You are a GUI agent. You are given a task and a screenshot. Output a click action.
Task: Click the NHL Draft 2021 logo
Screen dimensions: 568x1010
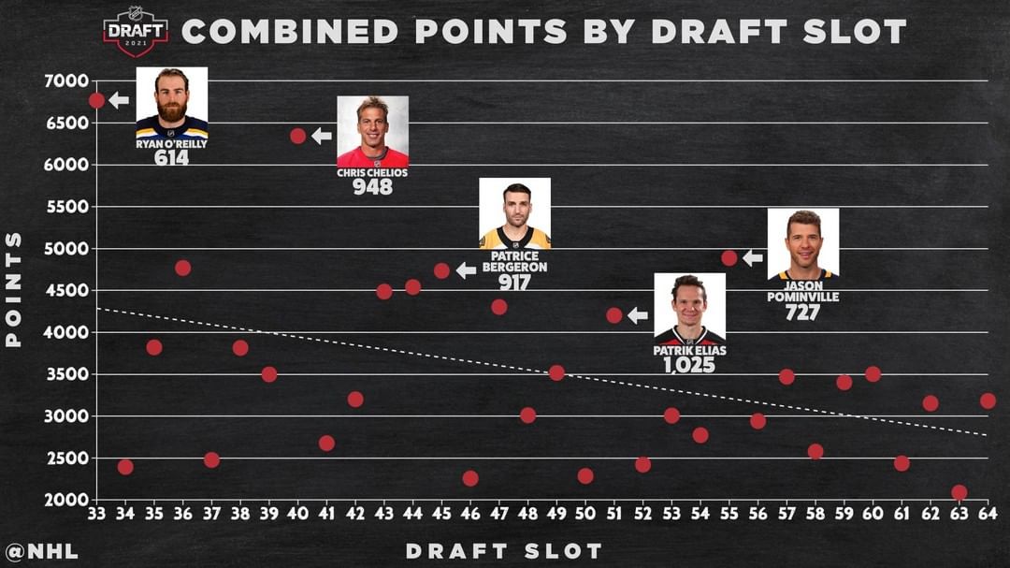point(136,32)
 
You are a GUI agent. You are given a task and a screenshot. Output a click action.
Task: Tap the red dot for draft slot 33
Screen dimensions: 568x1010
point(96,100)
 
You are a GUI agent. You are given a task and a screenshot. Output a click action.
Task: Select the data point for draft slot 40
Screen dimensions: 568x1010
point(298,136)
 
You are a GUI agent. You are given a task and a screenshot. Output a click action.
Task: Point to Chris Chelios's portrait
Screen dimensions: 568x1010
point(372,131)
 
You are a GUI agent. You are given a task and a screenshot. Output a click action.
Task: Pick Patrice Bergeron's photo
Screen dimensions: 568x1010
point(514,213)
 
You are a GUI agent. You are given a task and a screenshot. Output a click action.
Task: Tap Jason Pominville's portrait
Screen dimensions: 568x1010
point(802,243)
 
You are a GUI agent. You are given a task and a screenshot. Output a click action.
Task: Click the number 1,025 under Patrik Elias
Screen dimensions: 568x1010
point(689,365)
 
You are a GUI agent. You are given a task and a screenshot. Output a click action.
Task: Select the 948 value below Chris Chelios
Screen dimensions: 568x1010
point(372,186)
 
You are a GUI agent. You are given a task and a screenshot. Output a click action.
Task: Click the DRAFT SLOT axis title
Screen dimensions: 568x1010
point(504,551)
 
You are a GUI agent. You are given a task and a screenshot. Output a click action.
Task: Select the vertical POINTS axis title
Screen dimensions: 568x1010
point(14,289)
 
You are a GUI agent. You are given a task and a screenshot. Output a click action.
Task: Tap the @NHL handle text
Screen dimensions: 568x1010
point(42,551)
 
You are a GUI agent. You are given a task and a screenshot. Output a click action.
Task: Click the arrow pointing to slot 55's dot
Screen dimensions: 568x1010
point(753,257)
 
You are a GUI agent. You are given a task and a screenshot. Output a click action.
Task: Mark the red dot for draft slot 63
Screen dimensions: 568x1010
point(959,492)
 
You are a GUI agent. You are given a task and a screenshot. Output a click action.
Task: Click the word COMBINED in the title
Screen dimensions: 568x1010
point(290,32)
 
